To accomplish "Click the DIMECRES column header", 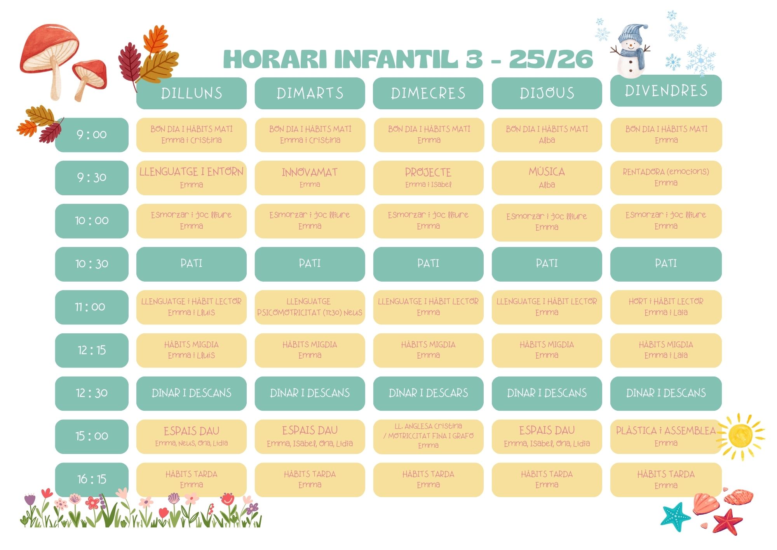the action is click(x=428, y=93).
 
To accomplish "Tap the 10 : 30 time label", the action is click(x=92, y=264).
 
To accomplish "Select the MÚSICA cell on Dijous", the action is click(x=547, y=178).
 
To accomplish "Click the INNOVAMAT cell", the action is click(x=310, y=178).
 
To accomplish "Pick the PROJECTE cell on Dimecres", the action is click(x=428, y=178).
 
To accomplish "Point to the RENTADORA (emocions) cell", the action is click(x=666, y=178).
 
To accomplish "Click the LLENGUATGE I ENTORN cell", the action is click(x=192, y=178).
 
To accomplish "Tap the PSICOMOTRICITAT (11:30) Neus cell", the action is click(x=310, y=307).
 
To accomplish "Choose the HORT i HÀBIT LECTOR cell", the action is click(x=666, y=307).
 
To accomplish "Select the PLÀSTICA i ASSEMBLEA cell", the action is click(x=666, y=436).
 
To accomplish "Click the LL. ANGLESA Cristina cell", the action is click(x=428, y=436).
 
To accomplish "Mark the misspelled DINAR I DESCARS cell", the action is click(x=428, y=393).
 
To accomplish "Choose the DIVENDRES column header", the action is click(x=666, y=91).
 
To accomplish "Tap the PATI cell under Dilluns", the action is click(x=192, y=264).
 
